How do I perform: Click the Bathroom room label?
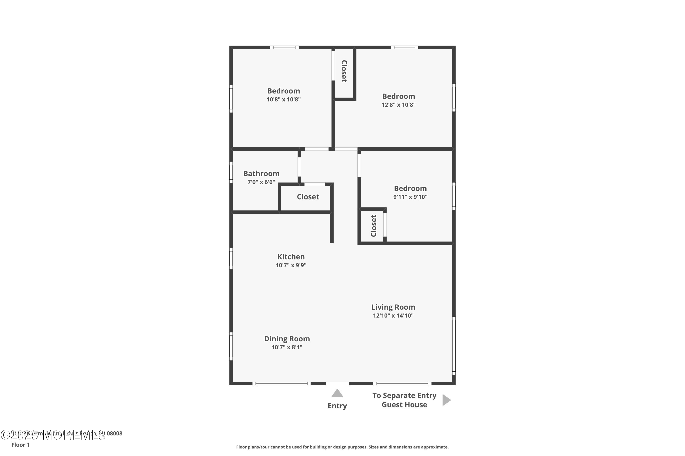261,174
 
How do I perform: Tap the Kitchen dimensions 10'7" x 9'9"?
291,265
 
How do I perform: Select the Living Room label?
393,307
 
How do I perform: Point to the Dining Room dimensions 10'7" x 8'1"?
287,347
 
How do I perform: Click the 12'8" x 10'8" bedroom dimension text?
398,105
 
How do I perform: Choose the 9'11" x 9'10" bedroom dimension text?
410,197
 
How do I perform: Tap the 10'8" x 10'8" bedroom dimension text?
283,99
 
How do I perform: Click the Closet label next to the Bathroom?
308,197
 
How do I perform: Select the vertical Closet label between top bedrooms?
344,71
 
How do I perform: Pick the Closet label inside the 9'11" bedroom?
374,226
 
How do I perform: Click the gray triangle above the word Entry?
337,393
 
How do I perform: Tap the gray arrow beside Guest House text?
446,400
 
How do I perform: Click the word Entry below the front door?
337,406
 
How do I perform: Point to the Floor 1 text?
20,445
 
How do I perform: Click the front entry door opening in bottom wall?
337,383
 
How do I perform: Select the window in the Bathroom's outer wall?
231,172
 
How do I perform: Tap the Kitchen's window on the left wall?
231,259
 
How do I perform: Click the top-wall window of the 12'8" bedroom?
404,47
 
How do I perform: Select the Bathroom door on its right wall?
299,167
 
